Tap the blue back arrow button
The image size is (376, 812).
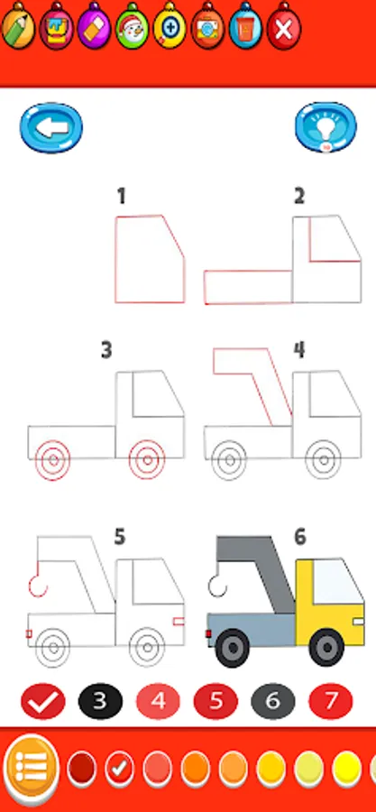(51, 128)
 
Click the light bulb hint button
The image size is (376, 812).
(326, 127)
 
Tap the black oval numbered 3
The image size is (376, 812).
(100, 702)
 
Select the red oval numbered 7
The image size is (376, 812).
(331, 702)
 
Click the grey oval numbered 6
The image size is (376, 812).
(273, 702)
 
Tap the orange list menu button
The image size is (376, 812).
(31, 766)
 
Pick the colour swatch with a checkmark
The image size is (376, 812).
(119, 769)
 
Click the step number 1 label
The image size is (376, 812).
(122, 197)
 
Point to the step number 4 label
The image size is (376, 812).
(299, 350)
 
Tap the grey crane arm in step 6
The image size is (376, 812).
(259, 565)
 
